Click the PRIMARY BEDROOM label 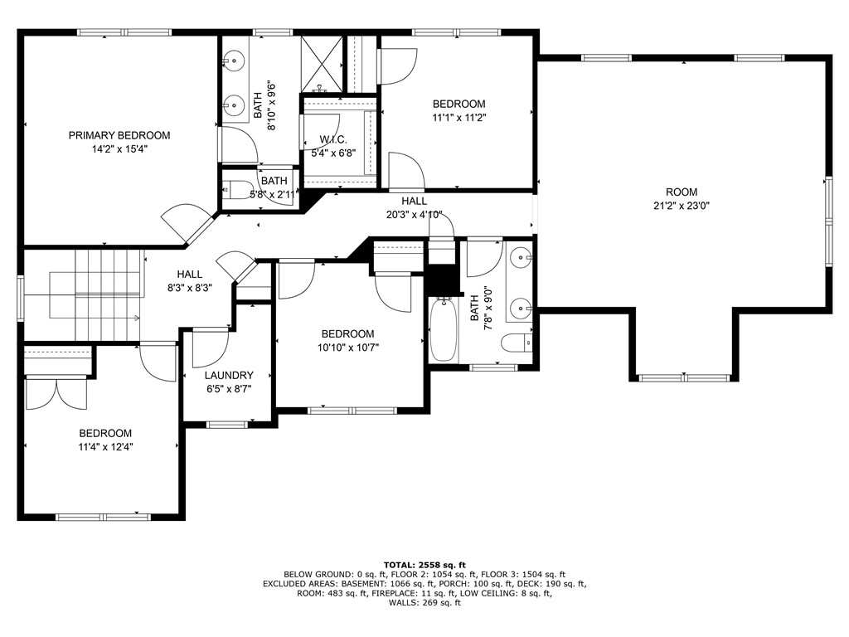tap(119, 135)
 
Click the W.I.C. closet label tap(332, 139)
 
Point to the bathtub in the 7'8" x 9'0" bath tap(443, 331)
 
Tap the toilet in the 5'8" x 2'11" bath tap(238, 191)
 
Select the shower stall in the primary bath tap(321, 65)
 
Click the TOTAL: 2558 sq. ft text tap(424, 563)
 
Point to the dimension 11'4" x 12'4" tap(105, 446)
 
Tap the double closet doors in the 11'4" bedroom tap(56, 393)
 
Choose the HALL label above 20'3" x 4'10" tap(415, 201)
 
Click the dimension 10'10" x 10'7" tap(348, 348)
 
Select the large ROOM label tap(681, 192)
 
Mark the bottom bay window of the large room tap(684, 378)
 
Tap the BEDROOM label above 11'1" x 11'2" tap(458, 104)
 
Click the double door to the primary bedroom tap(187, 221)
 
